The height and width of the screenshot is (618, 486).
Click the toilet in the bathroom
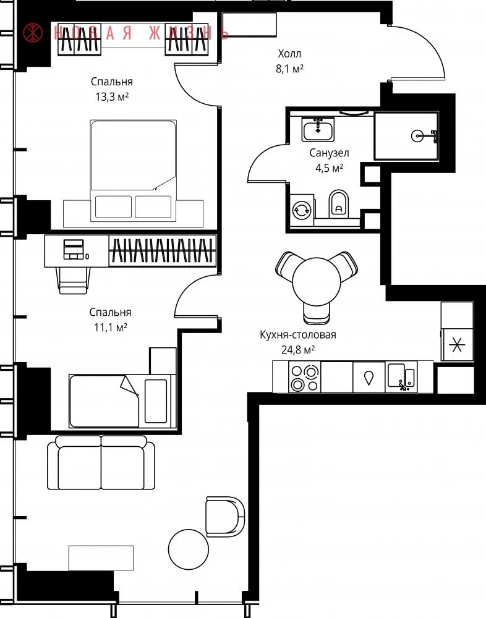339,203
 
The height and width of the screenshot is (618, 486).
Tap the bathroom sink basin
318,130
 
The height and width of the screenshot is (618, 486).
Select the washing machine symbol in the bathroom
302,210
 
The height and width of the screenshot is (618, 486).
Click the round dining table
317,281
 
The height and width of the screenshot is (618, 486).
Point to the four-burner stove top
305,377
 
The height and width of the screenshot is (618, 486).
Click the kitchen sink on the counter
401,377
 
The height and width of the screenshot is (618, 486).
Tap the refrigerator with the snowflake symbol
457,345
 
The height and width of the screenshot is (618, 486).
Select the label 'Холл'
289,54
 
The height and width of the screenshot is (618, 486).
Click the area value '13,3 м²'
112,96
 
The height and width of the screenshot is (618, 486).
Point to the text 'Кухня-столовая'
298,335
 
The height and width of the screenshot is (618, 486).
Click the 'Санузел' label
329,153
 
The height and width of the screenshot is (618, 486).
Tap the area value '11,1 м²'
111,327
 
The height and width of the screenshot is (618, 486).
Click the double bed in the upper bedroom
134,171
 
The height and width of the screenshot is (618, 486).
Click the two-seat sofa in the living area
101,462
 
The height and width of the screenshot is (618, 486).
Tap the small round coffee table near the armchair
189,549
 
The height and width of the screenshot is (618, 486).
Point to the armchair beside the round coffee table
225,516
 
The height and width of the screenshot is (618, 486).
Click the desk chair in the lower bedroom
73,280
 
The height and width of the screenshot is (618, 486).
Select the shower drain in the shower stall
417,136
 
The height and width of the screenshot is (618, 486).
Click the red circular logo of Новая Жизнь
33,33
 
